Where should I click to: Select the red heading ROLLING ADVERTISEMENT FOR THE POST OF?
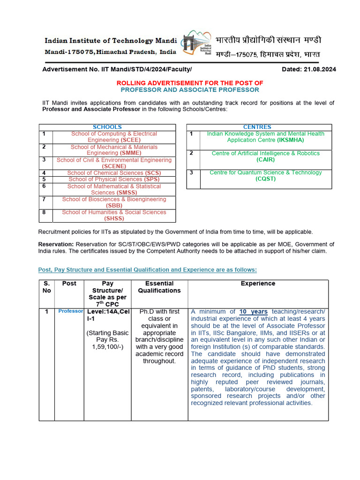[x=190, y=83]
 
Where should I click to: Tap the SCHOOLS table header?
[x=107, y=127]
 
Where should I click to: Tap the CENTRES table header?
[x=257, y=127]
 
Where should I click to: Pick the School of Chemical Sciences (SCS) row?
[x=114, y=173]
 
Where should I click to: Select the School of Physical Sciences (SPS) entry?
[x=114, y=180]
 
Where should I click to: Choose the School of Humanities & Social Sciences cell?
[x=114, y=216]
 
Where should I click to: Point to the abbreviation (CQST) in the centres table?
[x=265, y=179]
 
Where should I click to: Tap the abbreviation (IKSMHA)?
[x=291, y=140]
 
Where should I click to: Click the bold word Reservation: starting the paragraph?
[x=56, y=244]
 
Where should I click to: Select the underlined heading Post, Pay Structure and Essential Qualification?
[x=147, y=270]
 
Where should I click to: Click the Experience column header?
[x=258, y=284]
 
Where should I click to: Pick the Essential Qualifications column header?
[x=159, y=287]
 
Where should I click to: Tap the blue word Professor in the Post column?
[x=71, y=311]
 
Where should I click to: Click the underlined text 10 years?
[x=253, y=312]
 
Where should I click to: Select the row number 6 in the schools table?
[x=44, y=186]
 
